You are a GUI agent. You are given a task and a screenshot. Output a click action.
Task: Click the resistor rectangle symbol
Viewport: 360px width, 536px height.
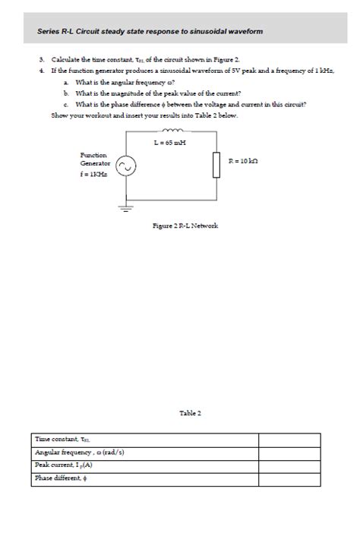tap(216, 166)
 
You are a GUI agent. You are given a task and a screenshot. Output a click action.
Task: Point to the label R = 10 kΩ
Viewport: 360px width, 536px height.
tap(244, 161)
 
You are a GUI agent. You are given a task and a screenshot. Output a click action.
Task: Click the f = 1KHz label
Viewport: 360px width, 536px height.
tap(93, 173)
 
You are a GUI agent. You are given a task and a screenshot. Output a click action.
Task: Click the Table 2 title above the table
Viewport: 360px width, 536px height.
tap(190, 413)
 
